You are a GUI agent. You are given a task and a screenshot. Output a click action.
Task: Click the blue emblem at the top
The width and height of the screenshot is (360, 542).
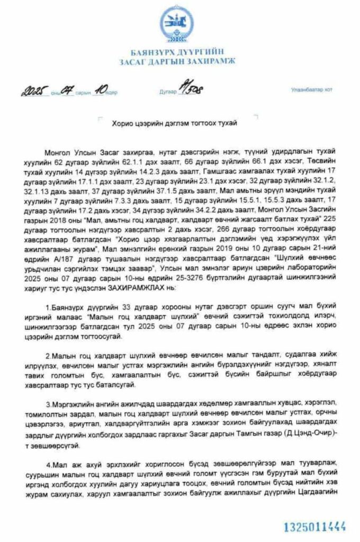[177, 24]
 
